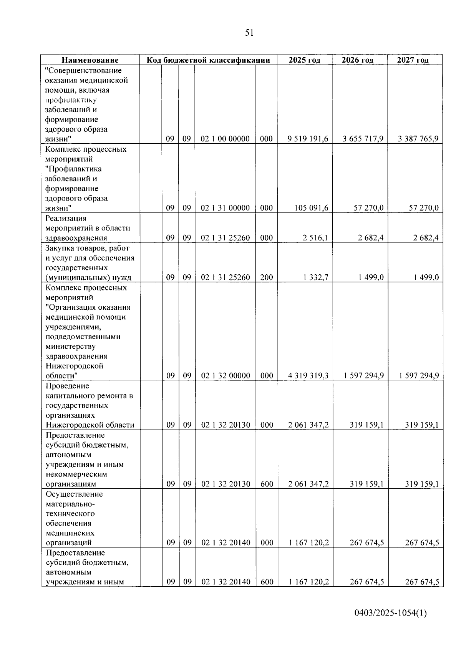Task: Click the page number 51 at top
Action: click(249, 33)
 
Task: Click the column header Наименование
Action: click(90, 60)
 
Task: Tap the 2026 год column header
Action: click(357, 60)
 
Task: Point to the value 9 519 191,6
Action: click(308, 139)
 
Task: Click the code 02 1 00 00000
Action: click(225, 139)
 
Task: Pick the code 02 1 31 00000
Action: click(225, 208)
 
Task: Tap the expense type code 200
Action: click(266, 277)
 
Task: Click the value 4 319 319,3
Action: click(308, 376)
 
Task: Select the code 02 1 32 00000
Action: click(226, 376)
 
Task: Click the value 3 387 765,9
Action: click(418, 139)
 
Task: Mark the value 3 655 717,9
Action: click(363, 139)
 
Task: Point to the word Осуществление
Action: click(74, 494)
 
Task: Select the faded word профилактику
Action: click(70, 100)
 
